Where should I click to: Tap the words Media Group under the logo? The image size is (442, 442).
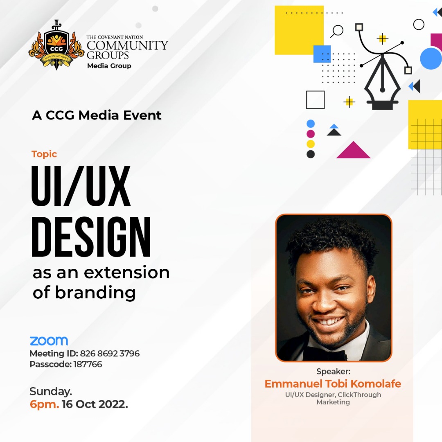109,66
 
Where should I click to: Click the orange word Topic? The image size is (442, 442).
44,154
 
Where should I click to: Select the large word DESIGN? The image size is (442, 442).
91,239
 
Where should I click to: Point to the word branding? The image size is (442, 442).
95,293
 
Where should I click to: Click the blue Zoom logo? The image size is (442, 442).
49,341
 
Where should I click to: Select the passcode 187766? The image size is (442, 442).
88,364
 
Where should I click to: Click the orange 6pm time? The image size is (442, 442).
44,405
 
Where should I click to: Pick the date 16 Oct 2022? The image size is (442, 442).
95,405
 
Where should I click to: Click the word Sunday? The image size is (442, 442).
51,392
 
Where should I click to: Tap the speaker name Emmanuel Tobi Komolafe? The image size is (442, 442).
333,384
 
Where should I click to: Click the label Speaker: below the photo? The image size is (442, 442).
334,372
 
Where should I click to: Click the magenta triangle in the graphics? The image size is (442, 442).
353,151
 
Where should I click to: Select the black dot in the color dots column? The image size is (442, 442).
311,154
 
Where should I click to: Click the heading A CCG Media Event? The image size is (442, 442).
97,115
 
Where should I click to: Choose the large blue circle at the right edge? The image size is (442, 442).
431,59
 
